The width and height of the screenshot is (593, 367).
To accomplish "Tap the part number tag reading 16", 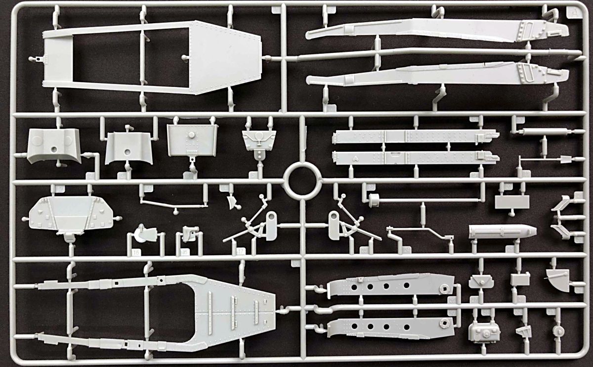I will pos(136,253).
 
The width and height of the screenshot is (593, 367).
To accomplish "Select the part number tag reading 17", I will pos(241,252).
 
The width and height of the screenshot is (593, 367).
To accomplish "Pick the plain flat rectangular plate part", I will pos(512,201).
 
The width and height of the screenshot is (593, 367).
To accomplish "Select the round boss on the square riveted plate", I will pos(191,135).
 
